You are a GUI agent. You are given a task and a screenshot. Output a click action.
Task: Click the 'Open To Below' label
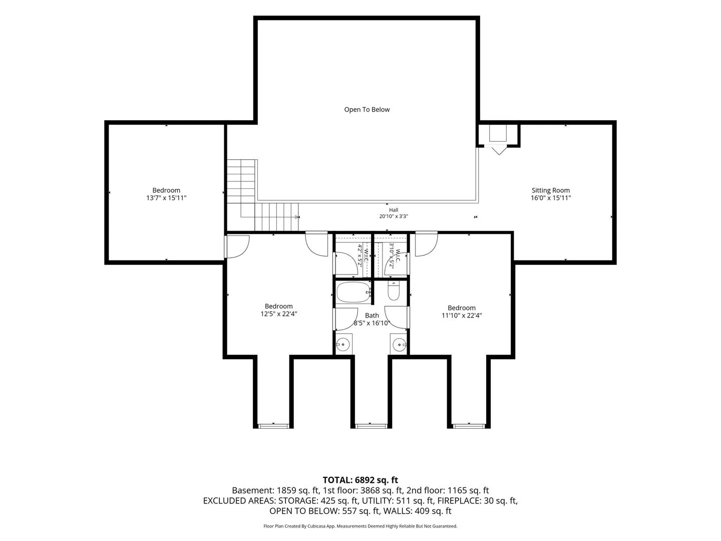[367, 110]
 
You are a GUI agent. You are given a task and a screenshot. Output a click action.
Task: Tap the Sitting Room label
[551, 190]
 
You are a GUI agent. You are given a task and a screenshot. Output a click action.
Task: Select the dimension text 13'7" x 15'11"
[166, 198]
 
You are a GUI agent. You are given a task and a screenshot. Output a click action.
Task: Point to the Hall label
[394, 210]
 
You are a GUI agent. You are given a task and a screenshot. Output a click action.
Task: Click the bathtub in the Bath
[353, 292]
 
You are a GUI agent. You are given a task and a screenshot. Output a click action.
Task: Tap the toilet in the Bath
[394, 292]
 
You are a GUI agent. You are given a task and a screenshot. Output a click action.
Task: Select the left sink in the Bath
[343, 345]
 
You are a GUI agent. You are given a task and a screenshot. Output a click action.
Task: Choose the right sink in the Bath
[399, 345]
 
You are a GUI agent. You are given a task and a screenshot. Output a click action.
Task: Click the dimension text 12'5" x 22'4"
[278, 314]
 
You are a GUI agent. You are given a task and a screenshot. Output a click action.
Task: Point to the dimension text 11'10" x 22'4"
[462, 316]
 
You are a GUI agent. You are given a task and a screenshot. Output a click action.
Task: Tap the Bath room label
[372, 316]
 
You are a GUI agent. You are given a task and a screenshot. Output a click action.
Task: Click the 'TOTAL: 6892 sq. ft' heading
[360, 480]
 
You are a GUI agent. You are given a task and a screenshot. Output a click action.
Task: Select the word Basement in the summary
[252, 490]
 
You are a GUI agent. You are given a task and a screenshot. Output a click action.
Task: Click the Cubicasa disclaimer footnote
[360, 526]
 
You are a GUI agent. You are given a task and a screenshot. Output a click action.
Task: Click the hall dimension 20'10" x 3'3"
[394, 216]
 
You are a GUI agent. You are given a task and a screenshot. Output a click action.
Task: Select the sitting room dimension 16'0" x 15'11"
[551, 198]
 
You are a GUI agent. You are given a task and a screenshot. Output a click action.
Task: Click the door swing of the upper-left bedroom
[237, 247]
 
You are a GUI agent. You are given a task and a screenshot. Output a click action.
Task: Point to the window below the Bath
[370, 426]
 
